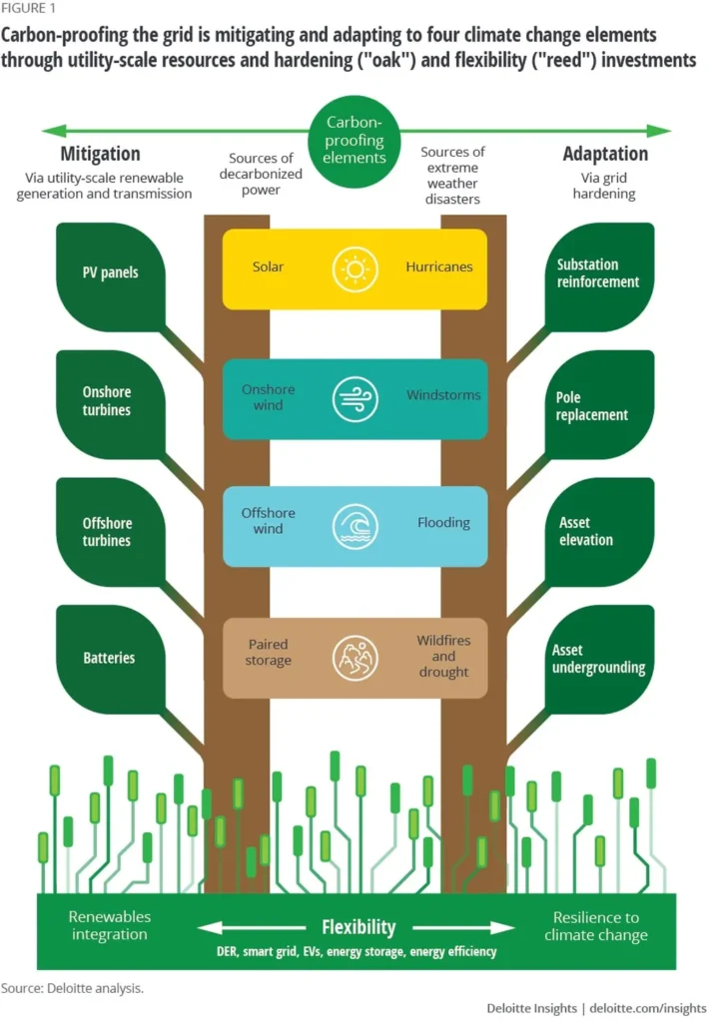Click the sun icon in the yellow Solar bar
tap(354, 269)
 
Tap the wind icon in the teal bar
tap(354, 399)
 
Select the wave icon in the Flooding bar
tap(354, 526)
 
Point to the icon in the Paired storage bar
tap(354, 659)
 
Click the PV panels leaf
tap(110, 277)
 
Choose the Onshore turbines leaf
tap(110, 404)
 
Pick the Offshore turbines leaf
tap(110, 532)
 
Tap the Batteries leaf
tap(110, 659)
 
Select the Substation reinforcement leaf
tap(599, 277)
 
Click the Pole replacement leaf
tap(599, 404)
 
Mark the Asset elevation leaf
tap(599, 532)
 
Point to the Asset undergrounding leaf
tap(599, 659)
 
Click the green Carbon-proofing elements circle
tap(354, 142)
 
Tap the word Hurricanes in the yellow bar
tap(439, 266)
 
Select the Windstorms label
tap(443, 395)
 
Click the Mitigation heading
tap(101, 154)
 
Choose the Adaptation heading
tap(605, 154)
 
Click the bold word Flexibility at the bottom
tap(358, 927)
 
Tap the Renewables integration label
tap(110, 925)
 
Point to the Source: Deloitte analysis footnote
tap(72, 988)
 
